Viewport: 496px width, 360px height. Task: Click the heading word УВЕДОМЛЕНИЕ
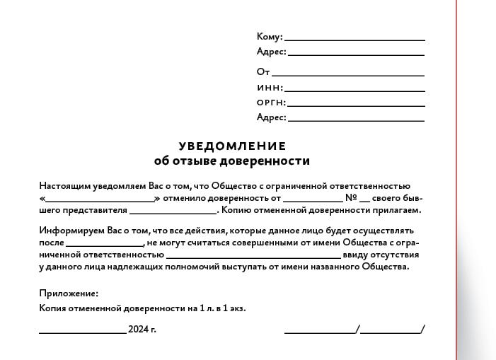(232, 146)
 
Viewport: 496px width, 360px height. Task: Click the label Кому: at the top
(270, 37)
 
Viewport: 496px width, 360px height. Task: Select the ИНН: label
(270, 88)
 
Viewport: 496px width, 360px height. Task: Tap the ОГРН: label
(271, 103)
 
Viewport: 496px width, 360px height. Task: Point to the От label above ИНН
(263, 71)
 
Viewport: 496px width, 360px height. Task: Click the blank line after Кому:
(354, 40)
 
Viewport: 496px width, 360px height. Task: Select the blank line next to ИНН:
(354, 91)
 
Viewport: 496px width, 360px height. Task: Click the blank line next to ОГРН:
(356, 105)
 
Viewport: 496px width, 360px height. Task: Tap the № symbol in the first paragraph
(350, 198)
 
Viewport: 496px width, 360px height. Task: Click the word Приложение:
(69, 294)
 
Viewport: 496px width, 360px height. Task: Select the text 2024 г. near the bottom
(142, 330)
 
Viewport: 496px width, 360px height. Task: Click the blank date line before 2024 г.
(82, 332)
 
